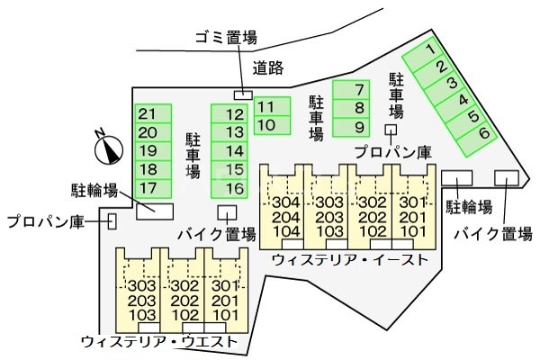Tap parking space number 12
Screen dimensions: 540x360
(235, 114)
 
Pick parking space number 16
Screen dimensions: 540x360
(235, 188)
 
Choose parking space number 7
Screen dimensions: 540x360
(360, 89)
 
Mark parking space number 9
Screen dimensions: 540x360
(360, 126)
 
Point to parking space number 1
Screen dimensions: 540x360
(431, 49)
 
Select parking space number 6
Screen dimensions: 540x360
(483, 133)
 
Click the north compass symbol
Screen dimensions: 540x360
(109, 145)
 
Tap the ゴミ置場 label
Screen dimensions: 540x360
(226, 37)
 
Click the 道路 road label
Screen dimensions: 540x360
(269, 66)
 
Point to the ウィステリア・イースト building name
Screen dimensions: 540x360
(349, 261)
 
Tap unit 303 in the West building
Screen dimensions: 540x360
(141, 286)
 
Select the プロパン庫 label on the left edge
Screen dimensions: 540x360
(45, 220)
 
